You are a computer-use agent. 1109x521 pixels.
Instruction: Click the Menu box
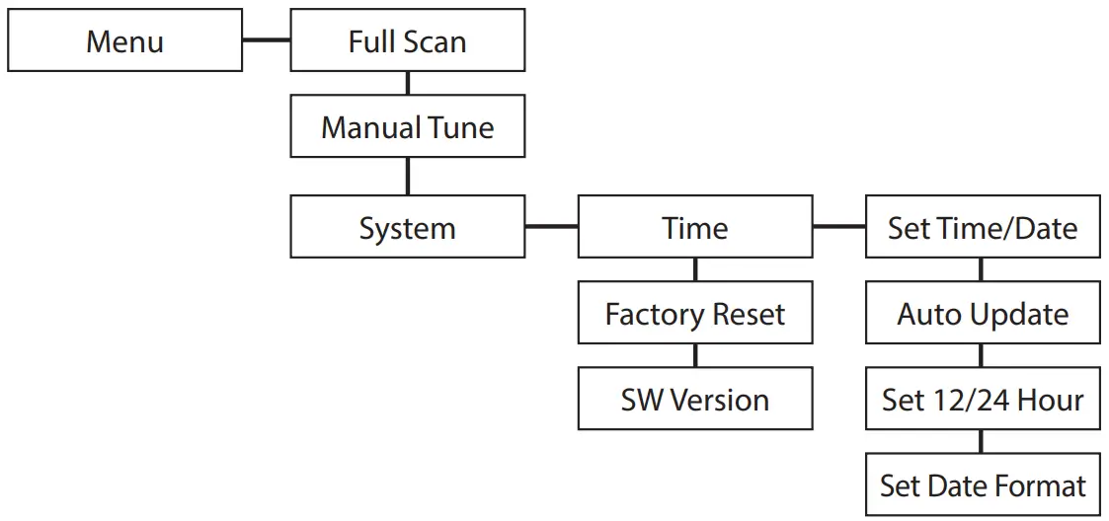(x=124, y=41)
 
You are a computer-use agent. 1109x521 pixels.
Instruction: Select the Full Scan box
(x=407, y=41)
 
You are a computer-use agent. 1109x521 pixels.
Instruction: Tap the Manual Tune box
(x=407, y=127)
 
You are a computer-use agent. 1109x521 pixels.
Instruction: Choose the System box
(x=407, y=228)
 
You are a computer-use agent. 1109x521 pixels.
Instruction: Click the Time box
(x=695, y=228)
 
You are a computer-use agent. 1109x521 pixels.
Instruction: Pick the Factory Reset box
(x=695, y=314)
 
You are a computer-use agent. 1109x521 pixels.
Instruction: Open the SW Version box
(x=695, y=400)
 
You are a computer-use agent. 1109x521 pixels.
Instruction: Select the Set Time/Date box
(x=983, y=228)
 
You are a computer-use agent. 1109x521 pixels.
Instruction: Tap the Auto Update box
(x=983, y=314)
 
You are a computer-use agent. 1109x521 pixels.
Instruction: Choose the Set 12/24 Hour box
(x=983, y=400)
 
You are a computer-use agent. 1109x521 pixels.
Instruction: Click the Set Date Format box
(x=983, y=485)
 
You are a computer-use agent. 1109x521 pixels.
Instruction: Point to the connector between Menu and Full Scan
(x=266, y=41)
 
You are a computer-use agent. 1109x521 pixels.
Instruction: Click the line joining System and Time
(x=551, y=227)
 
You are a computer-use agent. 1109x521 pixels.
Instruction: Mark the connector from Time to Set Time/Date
(x=838, y=227)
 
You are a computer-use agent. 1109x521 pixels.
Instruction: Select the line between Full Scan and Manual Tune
(x=407, y=84)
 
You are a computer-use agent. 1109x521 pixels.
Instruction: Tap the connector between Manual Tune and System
(x=407, y=177)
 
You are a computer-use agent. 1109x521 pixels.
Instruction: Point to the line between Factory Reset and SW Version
(x=695, y=356)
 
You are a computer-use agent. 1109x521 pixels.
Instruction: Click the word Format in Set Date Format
(x=1037, y=485)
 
